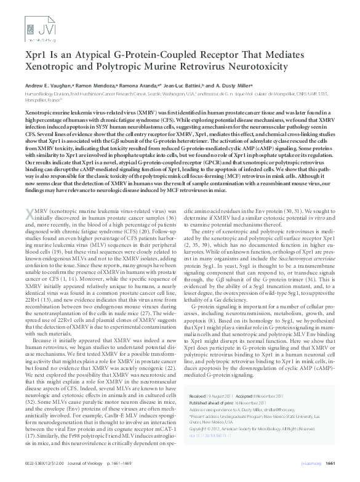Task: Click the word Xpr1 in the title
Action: pos(36,54)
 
